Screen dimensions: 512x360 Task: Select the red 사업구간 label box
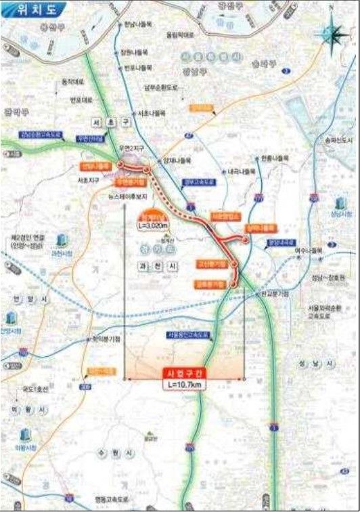184,372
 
